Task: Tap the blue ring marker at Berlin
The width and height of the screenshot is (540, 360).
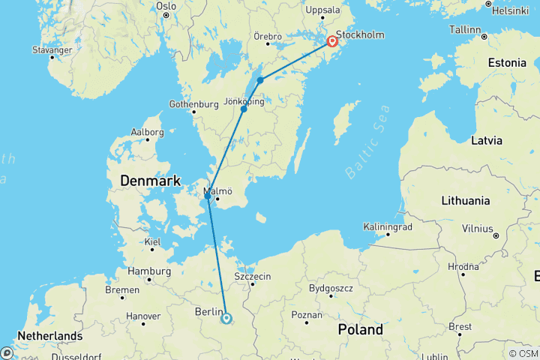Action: pyautogui.click(x=226, y=318)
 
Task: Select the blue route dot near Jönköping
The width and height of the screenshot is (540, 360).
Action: pyautogui.click(x=244, y=109)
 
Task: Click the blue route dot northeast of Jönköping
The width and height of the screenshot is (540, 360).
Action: pyautogui.click(x=259, y=80)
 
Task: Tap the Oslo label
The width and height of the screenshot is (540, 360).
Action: pyautogui.click(x=166, y=6)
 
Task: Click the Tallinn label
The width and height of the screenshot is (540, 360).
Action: pyautogui.click(x=465, y=29)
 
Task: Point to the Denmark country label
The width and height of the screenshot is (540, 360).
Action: pyautogui.click(x=151, y=181)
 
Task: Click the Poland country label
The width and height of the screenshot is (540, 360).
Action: pyautogui.click(x=360, y=329)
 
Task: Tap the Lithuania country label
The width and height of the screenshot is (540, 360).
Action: pyautogui.click(x=465, y=200)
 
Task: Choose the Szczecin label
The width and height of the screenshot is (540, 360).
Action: pyautogui.click(x=252, y=276)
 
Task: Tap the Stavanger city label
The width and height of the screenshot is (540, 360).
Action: pyautogui.click(x=52, y=49)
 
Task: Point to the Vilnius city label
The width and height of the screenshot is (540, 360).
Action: pyautogui.click(x=478, y=227)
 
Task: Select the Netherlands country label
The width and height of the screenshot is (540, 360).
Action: pyautogui.click(x=50, y=335)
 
